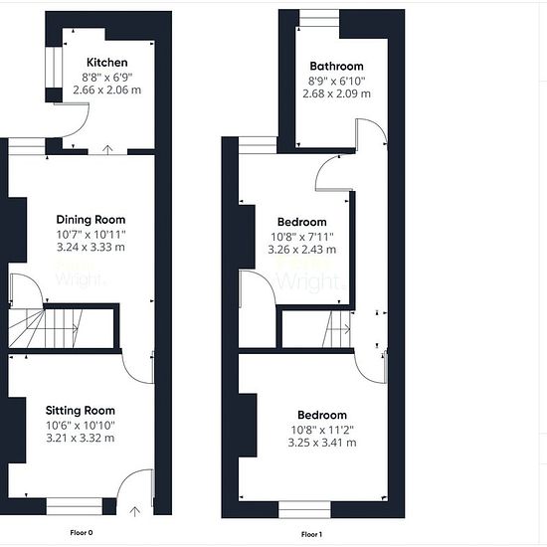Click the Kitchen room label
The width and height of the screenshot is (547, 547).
pos(107,63)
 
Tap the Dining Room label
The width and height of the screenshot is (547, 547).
pos(91,220)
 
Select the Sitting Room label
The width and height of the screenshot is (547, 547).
pos(81,410)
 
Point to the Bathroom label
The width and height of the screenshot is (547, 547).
pos(336,66)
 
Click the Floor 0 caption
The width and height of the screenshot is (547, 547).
pos(82,533)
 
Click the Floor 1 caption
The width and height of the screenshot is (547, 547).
pos(311,534)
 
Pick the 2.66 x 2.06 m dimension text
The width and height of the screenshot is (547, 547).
pos(107,90)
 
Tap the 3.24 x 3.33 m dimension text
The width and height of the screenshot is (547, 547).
pos(91,247)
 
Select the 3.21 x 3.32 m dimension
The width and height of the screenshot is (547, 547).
pos(81,438)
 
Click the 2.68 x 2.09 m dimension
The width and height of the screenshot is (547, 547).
pos(336,93)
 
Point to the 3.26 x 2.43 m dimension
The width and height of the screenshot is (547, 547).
pos(302,250)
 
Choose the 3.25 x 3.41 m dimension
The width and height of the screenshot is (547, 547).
pos(322,443)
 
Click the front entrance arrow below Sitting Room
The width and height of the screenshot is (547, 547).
pos(135,511)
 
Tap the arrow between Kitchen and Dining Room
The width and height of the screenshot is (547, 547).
pos(107,149)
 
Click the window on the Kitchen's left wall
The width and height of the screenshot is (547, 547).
pos(54,68)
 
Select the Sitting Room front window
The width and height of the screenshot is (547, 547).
pos(75,506)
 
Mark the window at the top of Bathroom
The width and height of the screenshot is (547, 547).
pos(319,18)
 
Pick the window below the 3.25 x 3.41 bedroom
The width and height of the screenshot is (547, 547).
pos(304,509)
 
